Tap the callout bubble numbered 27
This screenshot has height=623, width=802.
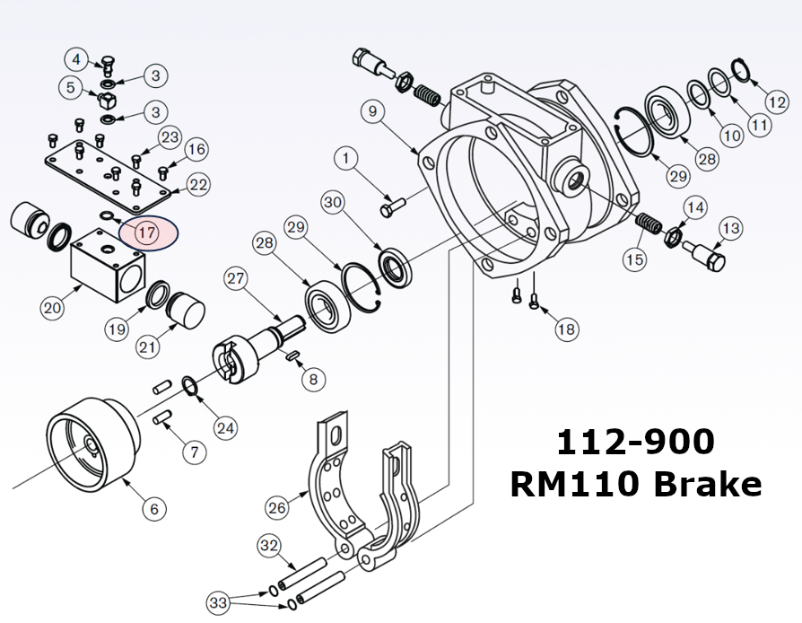click(235, 278)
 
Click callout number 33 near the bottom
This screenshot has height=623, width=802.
click(218, 601)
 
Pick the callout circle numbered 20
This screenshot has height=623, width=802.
click(52, 308)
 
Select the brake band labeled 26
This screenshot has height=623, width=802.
click(327, 485)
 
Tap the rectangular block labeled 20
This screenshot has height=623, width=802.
click(105, 264)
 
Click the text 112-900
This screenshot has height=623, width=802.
click(635, 442)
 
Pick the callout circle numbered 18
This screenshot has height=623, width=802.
click(566, 329)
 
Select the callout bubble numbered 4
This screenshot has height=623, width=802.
click(76, 60)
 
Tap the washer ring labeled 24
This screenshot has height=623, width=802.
click(190, 386)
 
